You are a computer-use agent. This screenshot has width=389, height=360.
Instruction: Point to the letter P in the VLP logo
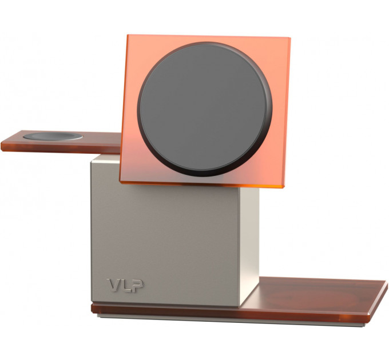pos(137,284)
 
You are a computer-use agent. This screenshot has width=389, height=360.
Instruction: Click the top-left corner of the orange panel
pos(128,36)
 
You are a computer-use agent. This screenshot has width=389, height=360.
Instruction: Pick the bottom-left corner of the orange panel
pos(121,181)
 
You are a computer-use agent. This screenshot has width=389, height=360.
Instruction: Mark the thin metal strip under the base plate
pos(229,321)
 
